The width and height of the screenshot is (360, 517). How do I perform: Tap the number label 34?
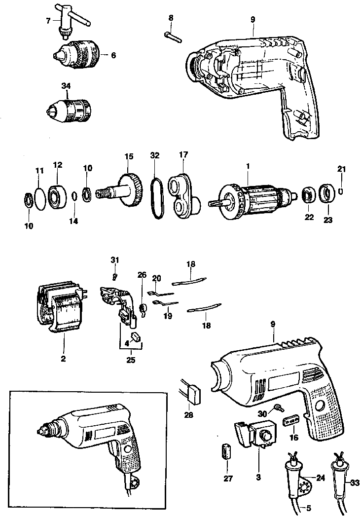click(x=66, y=86)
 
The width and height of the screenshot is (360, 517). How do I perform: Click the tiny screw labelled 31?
click(x=114, y=269)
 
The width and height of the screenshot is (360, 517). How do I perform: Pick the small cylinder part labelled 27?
click(x=227, y=451)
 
